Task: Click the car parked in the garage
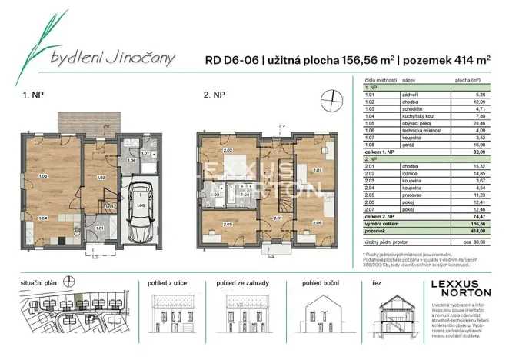(140, 215)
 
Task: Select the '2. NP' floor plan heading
(215, 96)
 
